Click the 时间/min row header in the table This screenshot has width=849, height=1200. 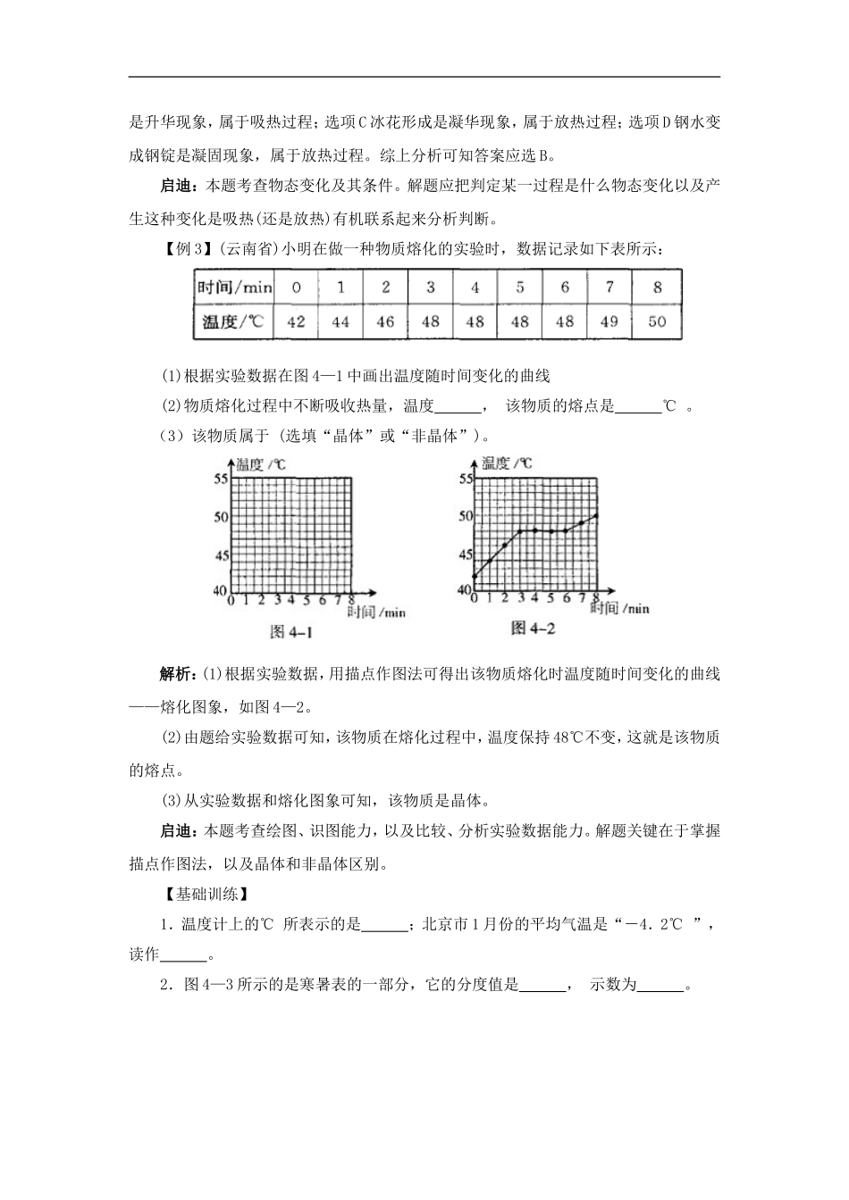coord(234,287)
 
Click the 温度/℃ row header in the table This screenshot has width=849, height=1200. coord(234,321)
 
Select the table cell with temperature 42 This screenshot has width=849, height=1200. coord(296,321)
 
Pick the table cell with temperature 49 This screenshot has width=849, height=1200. coord(609,321)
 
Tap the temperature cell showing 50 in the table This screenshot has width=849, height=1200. coord(657,321)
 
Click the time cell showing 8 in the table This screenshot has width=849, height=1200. coord(657,287)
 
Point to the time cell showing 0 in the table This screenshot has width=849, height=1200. coord(296,287)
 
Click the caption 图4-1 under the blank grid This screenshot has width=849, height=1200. coord(291,632)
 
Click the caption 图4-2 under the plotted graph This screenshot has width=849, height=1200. coord(534,629)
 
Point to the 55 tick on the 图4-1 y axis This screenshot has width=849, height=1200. coord(222,479)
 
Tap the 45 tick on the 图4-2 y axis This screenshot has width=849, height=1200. coord(465,554)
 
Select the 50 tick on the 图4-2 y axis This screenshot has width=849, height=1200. coord(465,516)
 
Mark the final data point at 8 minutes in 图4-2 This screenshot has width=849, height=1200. coord(596,515)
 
